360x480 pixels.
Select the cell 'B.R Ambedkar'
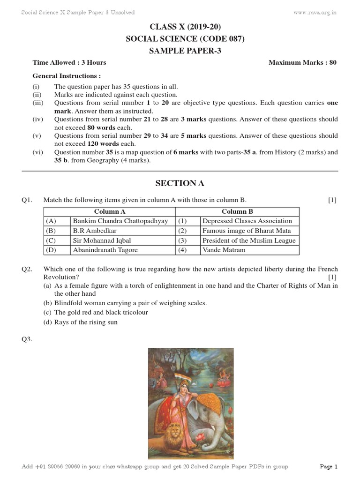click(x=94, y=231)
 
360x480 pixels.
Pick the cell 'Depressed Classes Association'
click(x=247, y=221)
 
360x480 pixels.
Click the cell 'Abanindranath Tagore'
click(x=105, y=250)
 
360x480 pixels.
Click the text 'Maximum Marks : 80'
click(x=302, y=62)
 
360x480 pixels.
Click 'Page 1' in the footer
click(x=328, y=466)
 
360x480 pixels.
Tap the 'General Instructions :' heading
click(x=67, y=75)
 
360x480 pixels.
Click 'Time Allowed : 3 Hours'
click(x=69, y=62)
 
